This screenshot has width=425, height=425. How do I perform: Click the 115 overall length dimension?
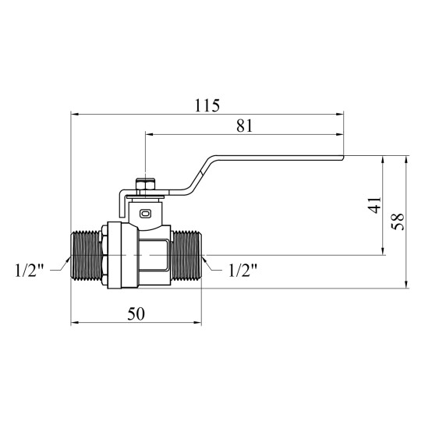pos(207,106)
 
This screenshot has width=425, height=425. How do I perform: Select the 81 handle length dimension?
pos(245,126)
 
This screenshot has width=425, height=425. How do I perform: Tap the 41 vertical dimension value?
pos(375,205)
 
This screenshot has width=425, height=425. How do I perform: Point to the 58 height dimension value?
pos(398,221)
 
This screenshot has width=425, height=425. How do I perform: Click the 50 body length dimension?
pos(136,313)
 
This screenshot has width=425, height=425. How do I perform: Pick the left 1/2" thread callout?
pos(30,271)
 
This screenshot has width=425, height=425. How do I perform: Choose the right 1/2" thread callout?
pos(243,271)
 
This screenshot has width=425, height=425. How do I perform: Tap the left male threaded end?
pos(87,255)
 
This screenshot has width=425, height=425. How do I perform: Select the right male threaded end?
pos(186,255)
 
